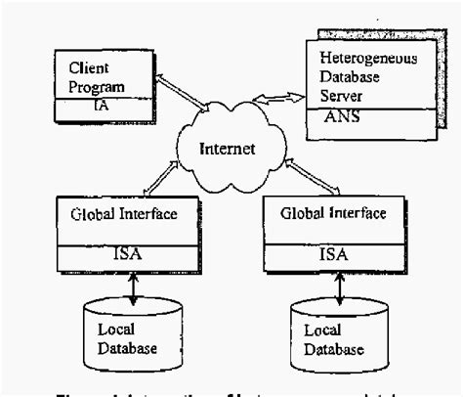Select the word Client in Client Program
click(89, 68)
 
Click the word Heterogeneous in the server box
click(368, 61)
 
